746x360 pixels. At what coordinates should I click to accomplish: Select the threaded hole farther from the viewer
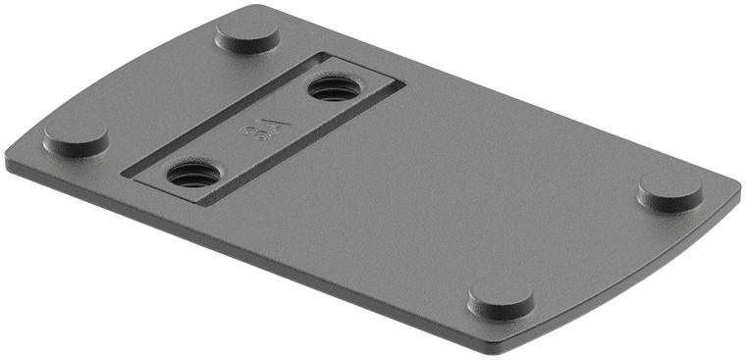(335, 89)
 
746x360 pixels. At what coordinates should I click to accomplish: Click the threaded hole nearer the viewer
(193, 175)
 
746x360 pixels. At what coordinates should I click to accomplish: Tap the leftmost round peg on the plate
(76, 138)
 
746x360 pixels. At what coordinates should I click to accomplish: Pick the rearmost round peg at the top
(247, 34)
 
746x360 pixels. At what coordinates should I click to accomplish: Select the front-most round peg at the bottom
(501, 299)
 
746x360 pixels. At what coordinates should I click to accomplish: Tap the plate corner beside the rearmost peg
(244, 8)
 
